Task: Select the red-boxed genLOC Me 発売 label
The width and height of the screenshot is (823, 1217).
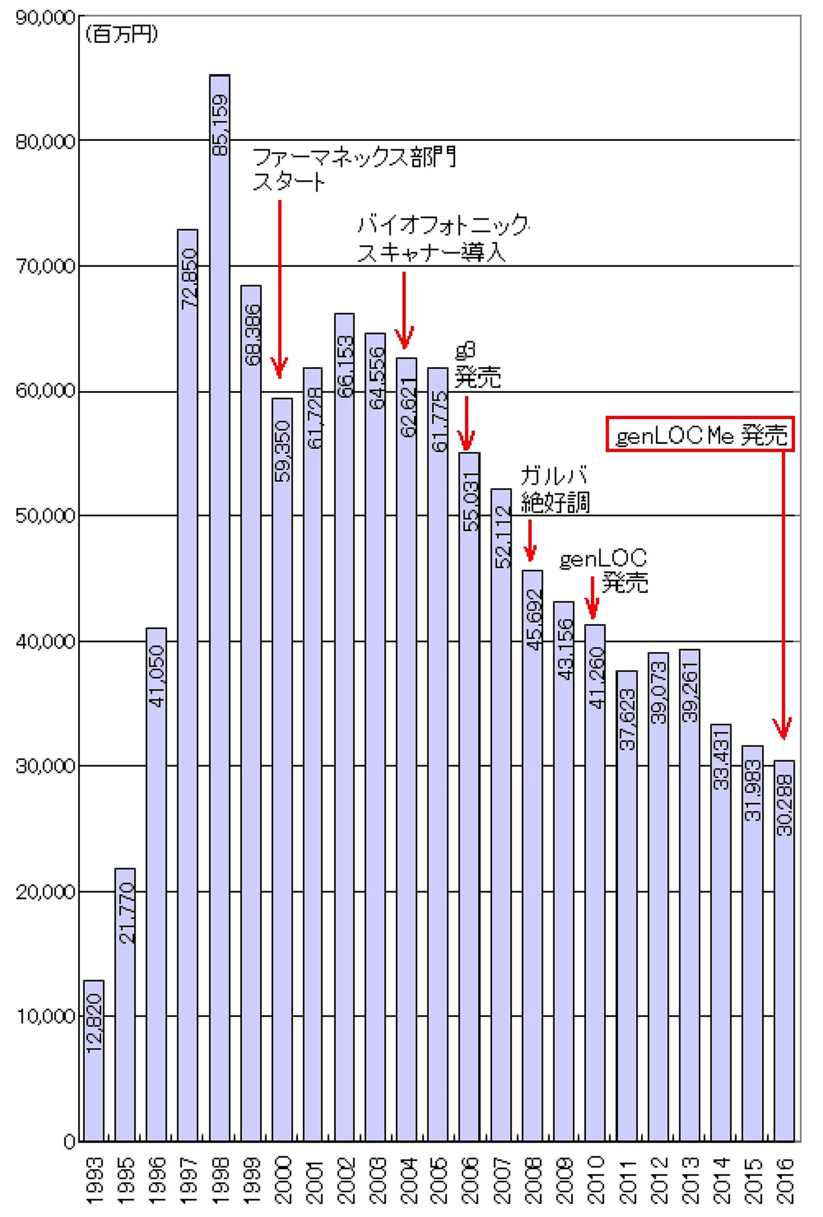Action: point(700,434)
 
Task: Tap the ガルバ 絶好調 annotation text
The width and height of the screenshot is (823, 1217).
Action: point(555,490)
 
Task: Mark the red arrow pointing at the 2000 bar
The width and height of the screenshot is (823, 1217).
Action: point(279,288)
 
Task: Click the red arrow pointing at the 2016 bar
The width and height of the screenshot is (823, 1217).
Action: point(783,592)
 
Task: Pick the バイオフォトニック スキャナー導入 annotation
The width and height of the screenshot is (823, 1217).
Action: point(443,238)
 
